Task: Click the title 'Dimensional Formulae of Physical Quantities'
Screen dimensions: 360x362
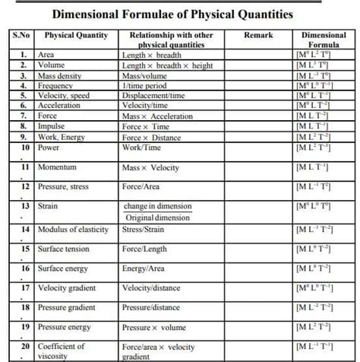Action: coord(172,14)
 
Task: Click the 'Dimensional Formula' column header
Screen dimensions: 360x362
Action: coord(324,40)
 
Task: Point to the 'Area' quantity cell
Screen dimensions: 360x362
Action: coord(46,56)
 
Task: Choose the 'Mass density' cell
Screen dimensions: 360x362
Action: coord(60,76)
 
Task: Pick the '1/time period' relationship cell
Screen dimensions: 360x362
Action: coord(145,86)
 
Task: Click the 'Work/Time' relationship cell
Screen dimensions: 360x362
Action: coord(141,147)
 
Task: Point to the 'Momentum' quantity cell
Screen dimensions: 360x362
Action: coord(58,167)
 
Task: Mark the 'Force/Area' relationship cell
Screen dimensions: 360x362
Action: coord(141,186)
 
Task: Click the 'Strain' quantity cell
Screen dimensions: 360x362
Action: coord(49,206)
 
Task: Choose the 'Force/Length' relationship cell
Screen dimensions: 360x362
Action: coord(144,249)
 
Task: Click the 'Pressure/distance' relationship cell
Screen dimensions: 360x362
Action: coord(151,307)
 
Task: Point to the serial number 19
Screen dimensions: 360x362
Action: coord(25,327)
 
